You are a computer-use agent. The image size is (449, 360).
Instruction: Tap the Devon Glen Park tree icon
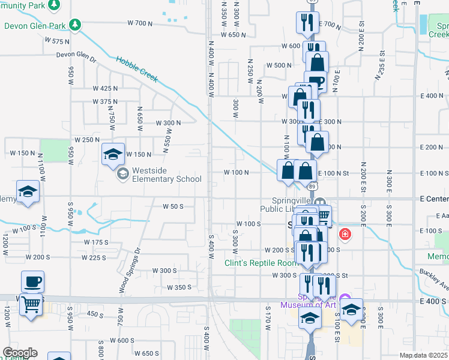(x=74, y=25)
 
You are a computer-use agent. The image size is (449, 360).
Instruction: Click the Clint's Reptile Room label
(x=261, y=263)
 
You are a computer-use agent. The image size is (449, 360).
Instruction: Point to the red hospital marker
(x=345, y=234)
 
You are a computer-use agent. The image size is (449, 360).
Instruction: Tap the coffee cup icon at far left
(x=32, y=281)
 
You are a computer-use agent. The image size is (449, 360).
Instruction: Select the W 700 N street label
(x=141, y=23)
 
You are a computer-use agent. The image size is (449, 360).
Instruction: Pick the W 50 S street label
(x=173, y=206)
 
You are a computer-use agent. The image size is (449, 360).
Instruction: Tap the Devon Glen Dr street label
(x=76, y=55)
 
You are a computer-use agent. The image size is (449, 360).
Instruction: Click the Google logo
(x=20, y=353)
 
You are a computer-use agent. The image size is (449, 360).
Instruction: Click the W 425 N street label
(x=105, y=88)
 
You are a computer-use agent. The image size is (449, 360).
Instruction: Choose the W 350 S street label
(x=179, y=287)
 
